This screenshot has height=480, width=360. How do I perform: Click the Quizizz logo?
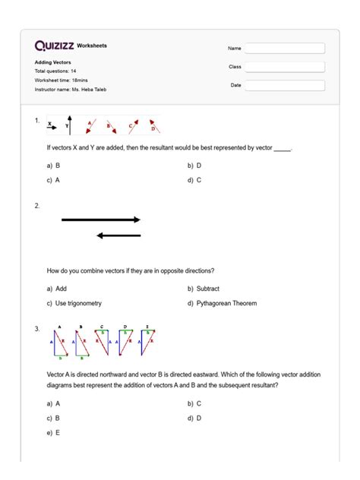click(x=55, y=46)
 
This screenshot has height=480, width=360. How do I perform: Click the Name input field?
click(x=285, y=49)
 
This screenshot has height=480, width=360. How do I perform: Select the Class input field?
click(x=285, y=67)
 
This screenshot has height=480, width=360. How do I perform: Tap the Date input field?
click(x=285, y=85)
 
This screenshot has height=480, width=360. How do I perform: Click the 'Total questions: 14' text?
click(x=55, y=71)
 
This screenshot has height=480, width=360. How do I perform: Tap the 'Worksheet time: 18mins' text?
click(x=61, y=81)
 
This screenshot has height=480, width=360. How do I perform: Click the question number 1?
click(x=36, y=120)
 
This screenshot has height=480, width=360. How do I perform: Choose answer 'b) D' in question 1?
click(x=194, y=165)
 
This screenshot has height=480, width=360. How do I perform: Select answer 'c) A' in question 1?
click(x=53, y=180)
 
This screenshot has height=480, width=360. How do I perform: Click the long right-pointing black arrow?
click(x=101, y=219)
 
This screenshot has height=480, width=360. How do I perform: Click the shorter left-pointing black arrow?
click(x=118, y=235)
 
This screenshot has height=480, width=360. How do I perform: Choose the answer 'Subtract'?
click(x=204, y=289)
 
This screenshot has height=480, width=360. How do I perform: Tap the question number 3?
click(x=36, y=328)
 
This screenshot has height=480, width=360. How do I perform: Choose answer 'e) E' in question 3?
click(x=53, y=432)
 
